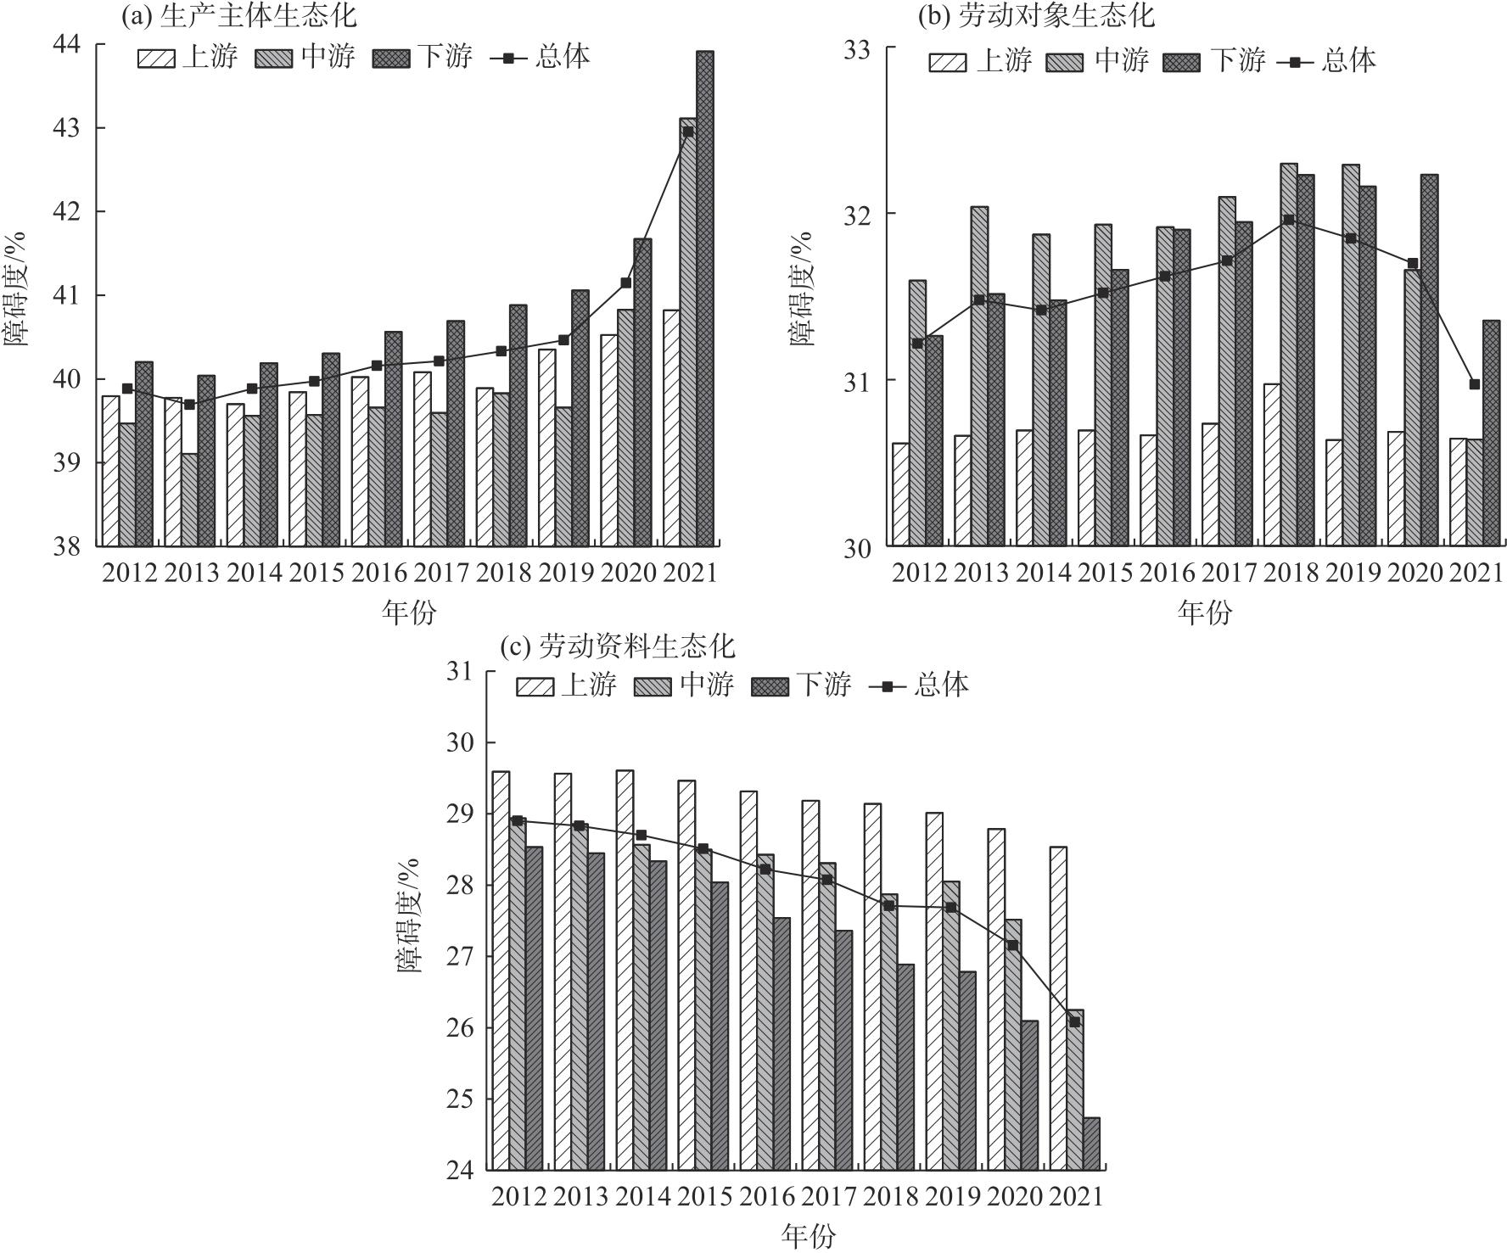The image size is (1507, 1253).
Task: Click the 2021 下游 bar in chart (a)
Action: click(x=705, y=297)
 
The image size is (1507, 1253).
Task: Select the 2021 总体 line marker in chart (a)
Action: click(x=688, y=131)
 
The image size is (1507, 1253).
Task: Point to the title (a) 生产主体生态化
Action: click(x=240, y=14)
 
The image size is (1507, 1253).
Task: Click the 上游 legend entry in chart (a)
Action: click(x=188, y=57)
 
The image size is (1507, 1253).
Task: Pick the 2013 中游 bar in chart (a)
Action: click(x=189, y=500)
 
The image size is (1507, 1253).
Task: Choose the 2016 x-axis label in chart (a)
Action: click(x=378, y=573)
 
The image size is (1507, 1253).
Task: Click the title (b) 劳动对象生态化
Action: click(x=1035, y=15)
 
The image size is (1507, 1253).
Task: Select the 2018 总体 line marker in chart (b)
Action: click(x=1289, y=220)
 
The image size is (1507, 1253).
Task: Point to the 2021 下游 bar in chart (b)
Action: click(x=1492, y=433)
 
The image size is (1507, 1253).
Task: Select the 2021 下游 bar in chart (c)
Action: click(x=1091, y=1144)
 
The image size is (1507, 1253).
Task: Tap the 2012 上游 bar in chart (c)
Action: click(x=501, y=971)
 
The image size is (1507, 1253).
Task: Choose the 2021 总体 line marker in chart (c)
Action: click(x=1074, y=1022)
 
